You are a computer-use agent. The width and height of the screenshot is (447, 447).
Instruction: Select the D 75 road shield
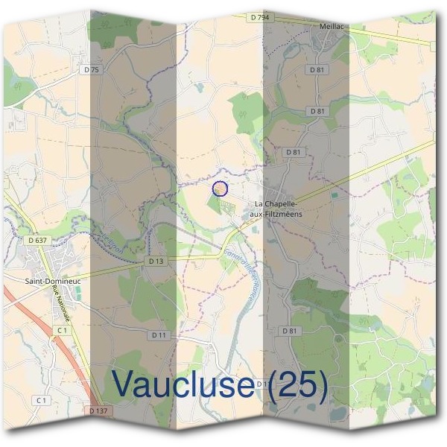pos(92,69)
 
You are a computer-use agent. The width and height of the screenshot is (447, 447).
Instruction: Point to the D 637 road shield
pos(37,240)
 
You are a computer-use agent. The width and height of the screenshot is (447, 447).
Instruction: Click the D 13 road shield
pos(156,261)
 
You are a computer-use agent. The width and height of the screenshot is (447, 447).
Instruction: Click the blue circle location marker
pos(220,188)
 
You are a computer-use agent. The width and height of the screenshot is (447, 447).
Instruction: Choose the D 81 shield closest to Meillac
pos(317,70)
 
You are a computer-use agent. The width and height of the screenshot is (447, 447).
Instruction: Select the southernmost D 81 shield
pos(290,330)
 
